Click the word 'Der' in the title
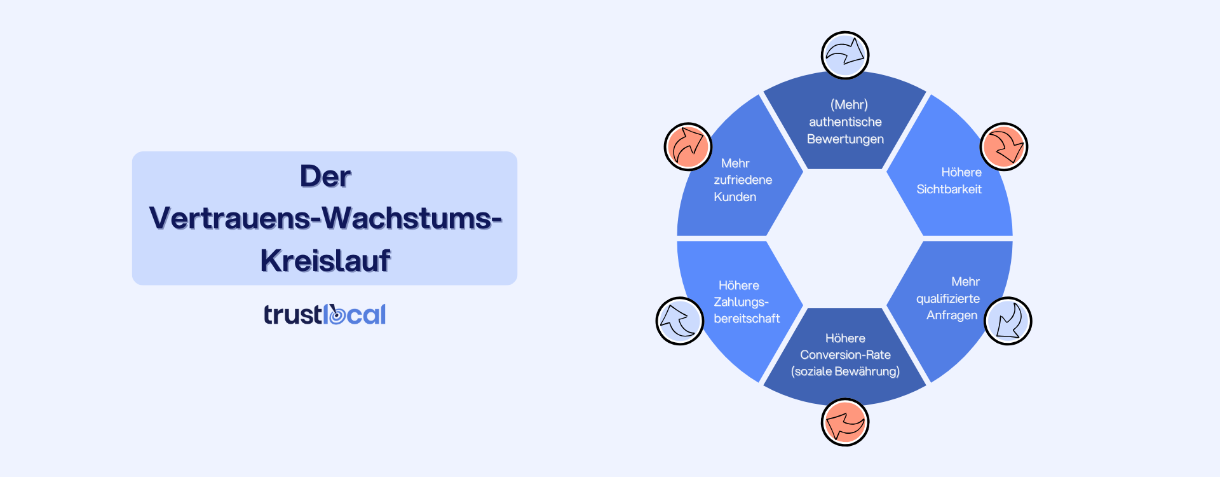pos(325,176)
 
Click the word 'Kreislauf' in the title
pos(325,260)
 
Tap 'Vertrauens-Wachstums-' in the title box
pos(325,218)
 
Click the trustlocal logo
pos(325,314)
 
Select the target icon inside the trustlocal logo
pos(336,315)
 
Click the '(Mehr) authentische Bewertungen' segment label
pos(845,121)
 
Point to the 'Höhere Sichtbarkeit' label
pos(949,181)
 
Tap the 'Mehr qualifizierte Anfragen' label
pos(948,298)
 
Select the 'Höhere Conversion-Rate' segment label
pos(845,354)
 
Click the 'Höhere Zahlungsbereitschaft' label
pos(745,302)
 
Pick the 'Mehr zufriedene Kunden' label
pos(741,180)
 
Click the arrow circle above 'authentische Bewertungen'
pos(845,55)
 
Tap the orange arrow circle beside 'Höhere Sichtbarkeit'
pos(1004,147)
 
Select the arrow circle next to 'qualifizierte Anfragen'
pos(1008,321)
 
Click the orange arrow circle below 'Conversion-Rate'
pos(845,422)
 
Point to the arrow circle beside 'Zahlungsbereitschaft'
pos(680,321)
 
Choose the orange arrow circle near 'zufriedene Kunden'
pos(688,147)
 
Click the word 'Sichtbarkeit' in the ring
pos(949,189)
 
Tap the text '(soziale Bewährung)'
pos(845,371)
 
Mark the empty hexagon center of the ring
pos(845,238)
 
